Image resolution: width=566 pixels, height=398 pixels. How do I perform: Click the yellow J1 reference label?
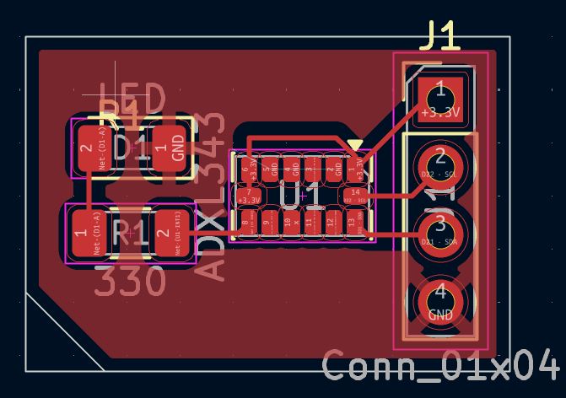pos(440,36)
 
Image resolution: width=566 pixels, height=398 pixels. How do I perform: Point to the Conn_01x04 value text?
pos(440,366)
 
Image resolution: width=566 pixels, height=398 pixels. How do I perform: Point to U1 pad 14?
pos(355,196)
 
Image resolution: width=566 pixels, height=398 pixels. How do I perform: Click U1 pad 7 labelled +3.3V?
pos(249,196)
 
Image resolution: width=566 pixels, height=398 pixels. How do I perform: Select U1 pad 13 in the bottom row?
pos(352,223)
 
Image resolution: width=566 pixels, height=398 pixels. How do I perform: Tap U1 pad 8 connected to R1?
pos(246,223)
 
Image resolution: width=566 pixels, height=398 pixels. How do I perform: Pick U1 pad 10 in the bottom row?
pos(288,223)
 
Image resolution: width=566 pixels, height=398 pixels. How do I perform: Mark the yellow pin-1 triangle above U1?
pos(356,147)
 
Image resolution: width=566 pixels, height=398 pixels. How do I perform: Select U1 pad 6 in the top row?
pos(246,169)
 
